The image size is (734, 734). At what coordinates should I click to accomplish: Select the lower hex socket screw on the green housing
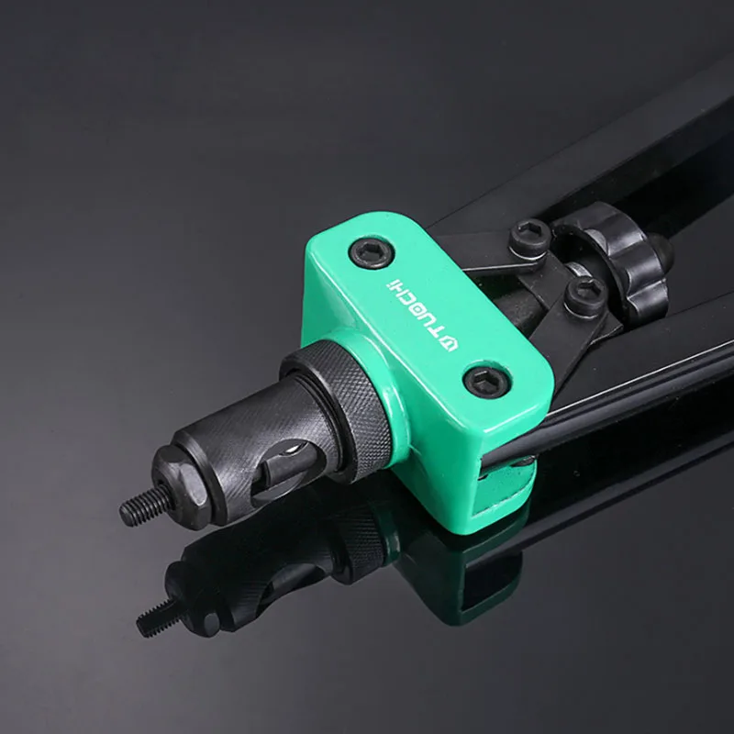pyautogui.click(x=484, y=379)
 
